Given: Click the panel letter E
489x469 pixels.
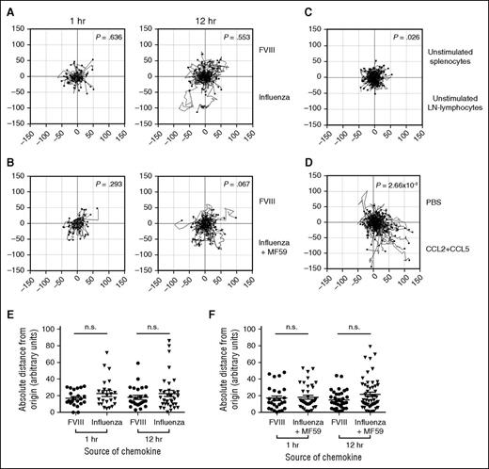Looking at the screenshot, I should pyautogui.click(x=7, y=316).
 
